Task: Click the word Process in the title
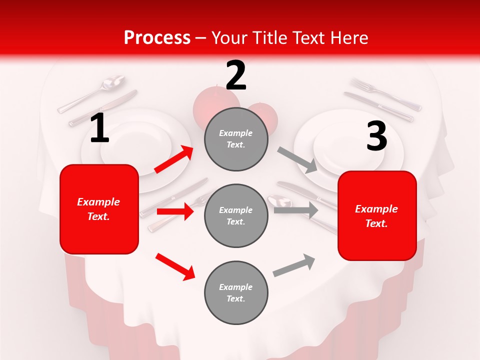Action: point(157,38)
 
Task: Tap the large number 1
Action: point(99,128)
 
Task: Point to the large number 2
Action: point(236,75)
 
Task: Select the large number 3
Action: point(376,136)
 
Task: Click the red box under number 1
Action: point(99,209)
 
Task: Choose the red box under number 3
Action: point(377,215)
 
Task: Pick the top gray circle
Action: point(236,139)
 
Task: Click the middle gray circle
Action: point(236,215)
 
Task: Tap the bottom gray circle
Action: point(236,292)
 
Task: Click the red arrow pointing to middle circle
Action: point(175,212)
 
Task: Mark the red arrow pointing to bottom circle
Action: point(175,266)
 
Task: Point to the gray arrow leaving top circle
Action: point(297,159)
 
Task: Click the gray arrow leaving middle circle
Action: point(296,210)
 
